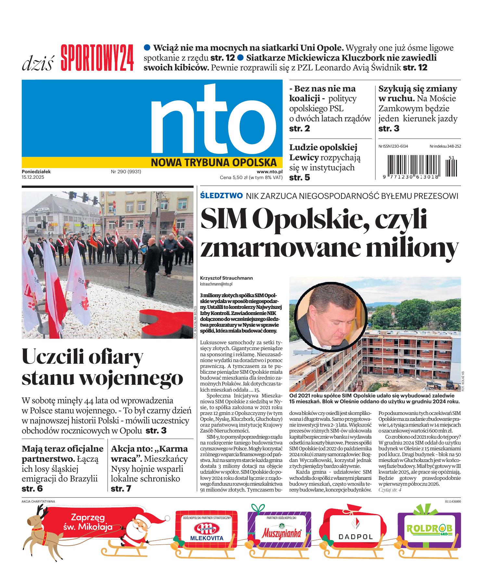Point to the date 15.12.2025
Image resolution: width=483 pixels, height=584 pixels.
(33, 177)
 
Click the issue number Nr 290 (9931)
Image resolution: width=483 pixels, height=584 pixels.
(126, 172)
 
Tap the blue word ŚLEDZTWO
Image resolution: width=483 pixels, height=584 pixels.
(222, 196)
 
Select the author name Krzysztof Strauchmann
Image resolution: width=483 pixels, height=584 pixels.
(226, 278)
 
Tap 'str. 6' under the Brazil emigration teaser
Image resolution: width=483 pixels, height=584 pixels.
(32, 489)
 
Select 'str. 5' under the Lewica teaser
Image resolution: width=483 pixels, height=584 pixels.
(299, 177)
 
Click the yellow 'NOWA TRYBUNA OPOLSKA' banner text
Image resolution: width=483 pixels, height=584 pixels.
(213, 162)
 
